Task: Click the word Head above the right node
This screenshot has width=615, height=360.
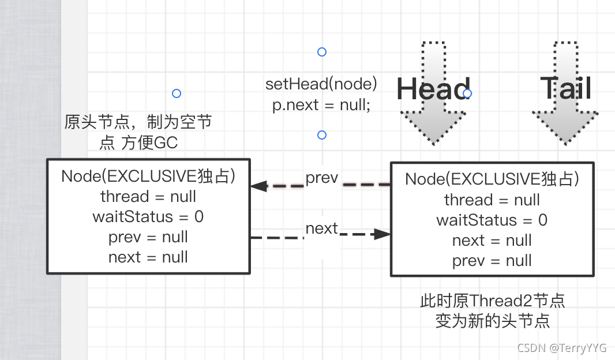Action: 433,89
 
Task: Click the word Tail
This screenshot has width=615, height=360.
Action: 566,89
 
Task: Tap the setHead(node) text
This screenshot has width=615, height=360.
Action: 321,84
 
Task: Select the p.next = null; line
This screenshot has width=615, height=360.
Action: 321,105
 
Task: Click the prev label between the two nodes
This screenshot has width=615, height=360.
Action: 321,177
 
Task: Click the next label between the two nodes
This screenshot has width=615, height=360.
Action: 321,228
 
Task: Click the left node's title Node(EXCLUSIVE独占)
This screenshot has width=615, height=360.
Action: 148,176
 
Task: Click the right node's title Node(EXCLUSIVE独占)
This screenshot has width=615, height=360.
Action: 492,179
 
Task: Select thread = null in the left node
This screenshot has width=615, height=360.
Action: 148,196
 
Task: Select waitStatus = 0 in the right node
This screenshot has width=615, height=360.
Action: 492,220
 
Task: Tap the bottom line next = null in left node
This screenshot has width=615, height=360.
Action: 148,257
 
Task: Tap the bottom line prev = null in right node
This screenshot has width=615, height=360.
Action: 492,261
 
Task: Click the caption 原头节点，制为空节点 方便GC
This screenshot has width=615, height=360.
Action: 138,132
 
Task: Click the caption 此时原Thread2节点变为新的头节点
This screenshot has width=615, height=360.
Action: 492,310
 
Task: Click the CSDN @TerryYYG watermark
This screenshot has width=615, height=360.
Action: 561,348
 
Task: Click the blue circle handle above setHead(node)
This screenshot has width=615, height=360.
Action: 322,52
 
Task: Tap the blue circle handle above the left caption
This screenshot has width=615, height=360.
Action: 177,93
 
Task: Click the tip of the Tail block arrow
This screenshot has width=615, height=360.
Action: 565,143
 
